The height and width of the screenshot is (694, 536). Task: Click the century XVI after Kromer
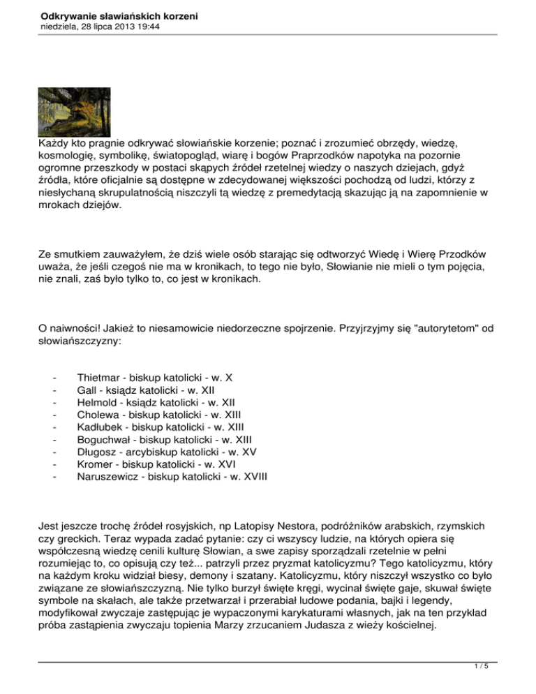(225, 466)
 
